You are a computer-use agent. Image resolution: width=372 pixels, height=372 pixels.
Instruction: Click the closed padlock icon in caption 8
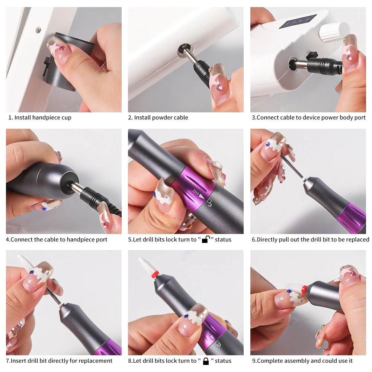coord(206,360)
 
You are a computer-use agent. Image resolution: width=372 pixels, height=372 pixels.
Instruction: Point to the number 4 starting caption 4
coord(8,239)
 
